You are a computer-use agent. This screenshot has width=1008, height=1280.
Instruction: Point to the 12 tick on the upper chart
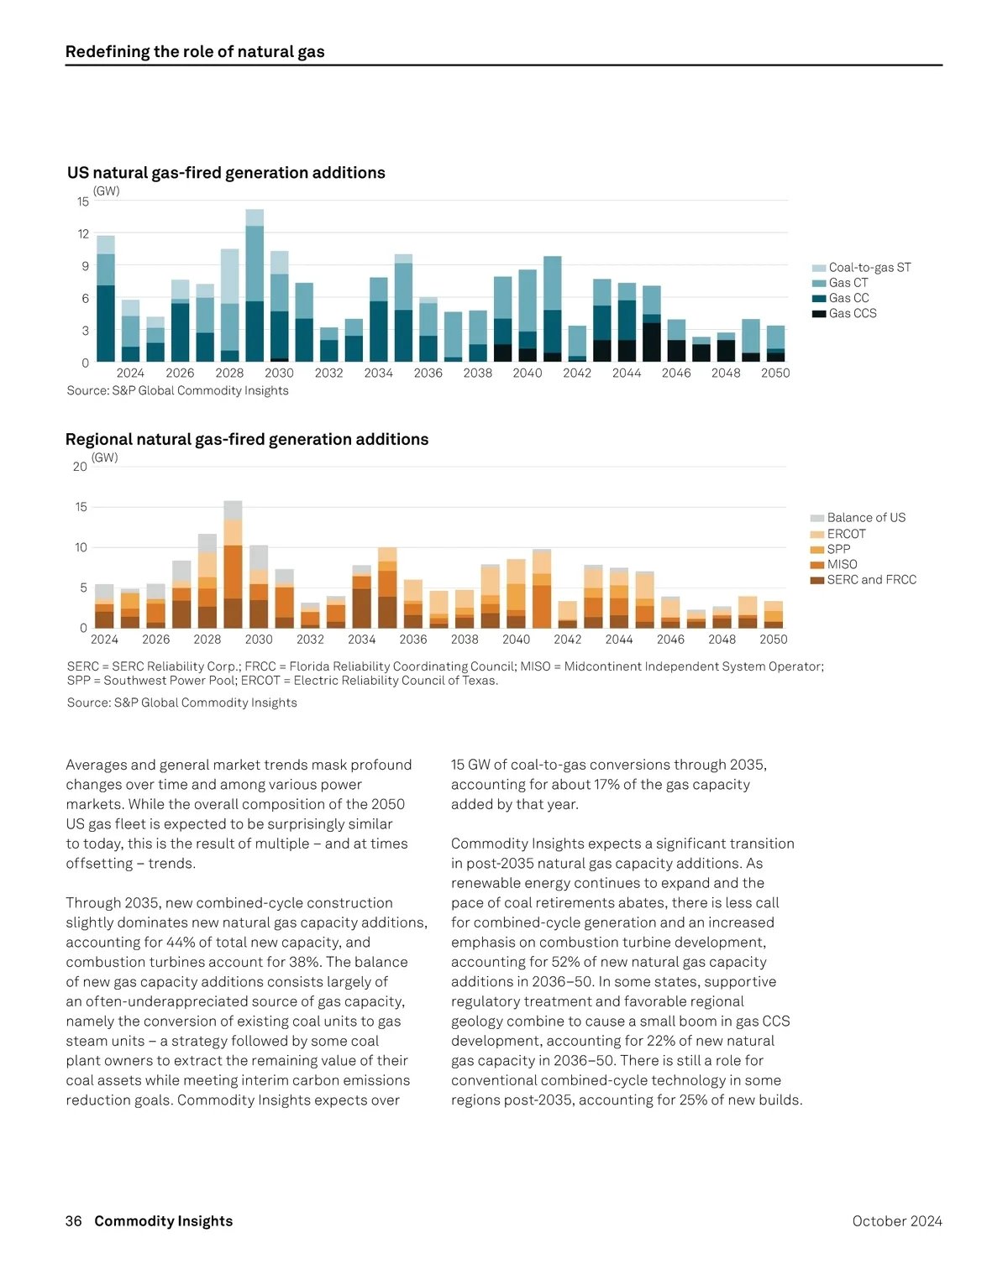tap(83, 234)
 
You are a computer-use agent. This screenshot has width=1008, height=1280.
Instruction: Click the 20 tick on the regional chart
tap(80, 467)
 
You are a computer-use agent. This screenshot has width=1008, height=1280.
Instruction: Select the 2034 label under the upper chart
tap(378, 373)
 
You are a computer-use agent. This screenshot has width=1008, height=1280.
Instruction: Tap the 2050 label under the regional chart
tap(773, 640)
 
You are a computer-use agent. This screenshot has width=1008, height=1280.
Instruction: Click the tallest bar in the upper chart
tap(255, 285)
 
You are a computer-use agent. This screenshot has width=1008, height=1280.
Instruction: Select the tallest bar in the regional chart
tap(233, 564)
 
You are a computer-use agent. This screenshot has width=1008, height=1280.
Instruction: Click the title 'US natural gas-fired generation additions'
tap(226, 173)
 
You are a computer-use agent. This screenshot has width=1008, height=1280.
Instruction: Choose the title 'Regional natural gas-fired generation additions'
tap(247, 440)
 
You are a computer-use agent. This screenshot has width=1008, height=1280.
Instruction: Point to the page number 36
tap(74, 1221)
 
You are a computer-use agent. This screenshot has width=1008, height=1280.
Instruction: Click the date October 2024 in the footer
tap(896, 1221)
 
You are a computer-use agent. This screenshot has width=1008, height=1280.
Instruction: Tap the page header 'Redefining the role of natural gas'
tap(195, 52)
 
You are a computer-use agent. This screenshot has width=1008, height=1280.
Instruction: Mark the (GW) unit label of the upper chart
tap(107, 191)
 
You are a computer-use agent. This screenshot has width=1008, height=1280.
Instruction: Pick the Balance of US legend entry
tap(865, 518)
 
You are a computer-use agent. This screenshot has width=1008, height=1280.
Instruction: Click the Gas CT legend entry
tap(848, 283)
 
